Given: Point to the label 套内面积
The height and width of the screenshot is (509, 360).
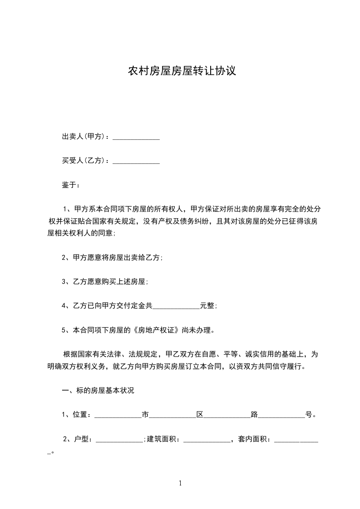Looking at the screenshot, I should coord(254,439).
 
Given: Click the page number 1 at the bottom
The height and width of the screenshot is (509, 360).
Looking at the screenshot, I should coord(180,483).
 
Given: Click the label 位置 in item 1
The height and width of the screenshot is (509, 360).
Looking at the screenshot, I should coord(80,415).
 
